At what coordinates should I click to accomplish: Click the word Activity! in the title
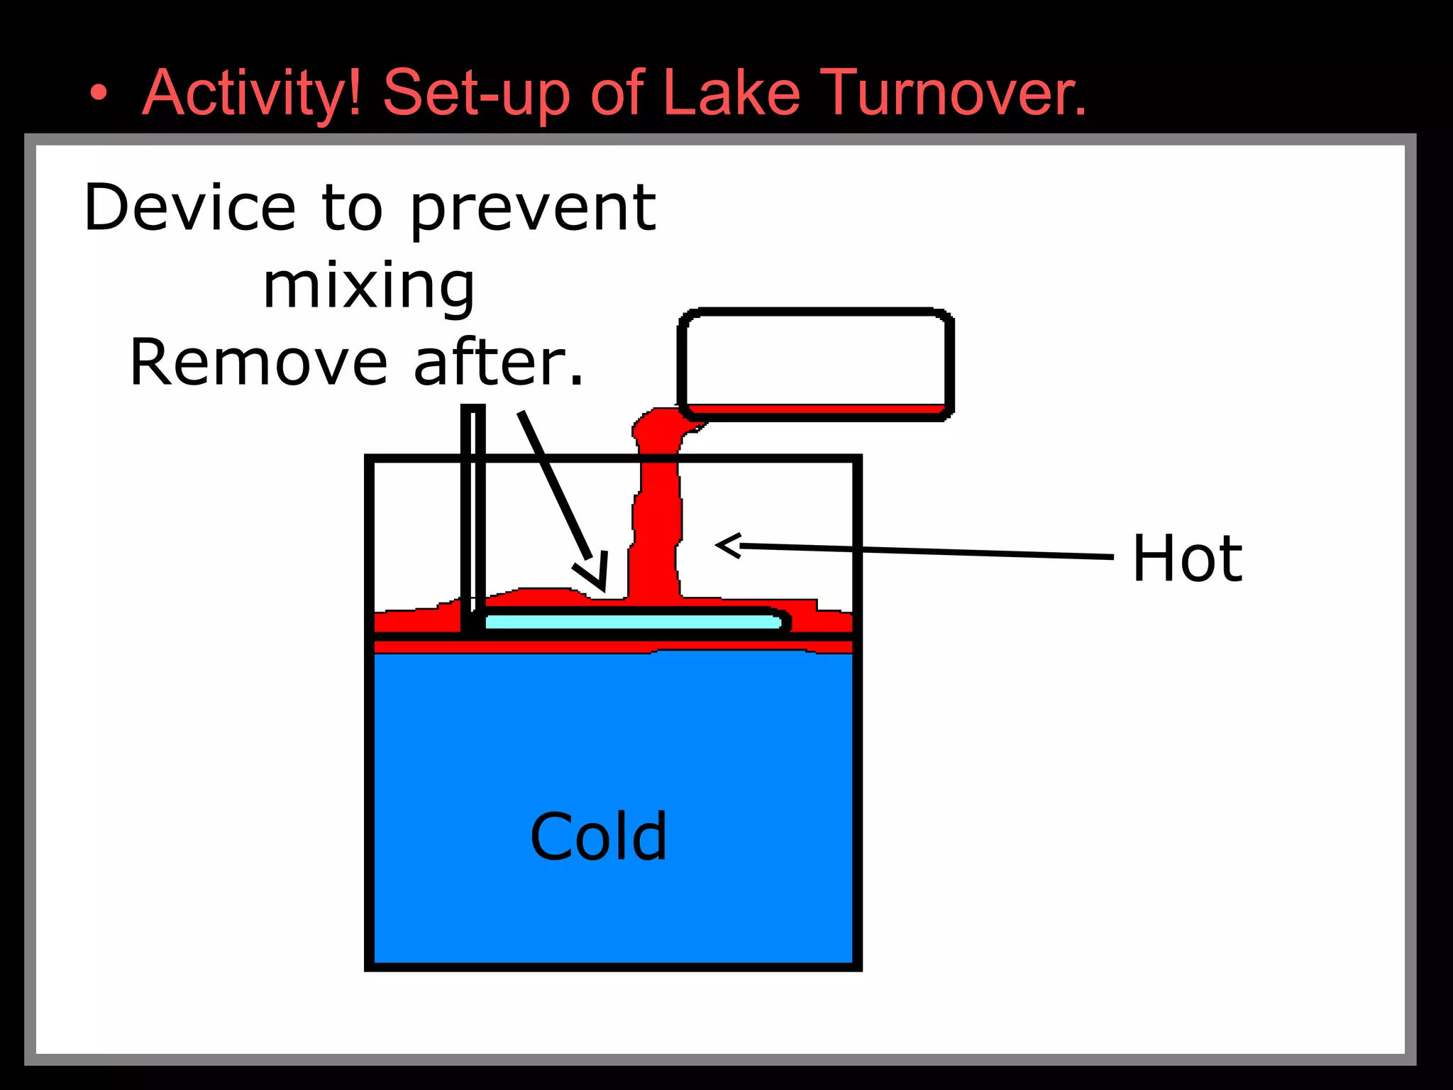coord(252,94)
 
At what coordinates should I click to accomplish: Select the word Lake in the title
coord(731,94)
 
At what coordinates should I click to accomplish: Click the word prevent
coord(534,209)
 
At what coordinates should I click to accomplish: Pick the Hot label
coord(1187,558)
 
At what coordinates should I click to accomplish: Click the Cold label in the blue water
coord(599,837)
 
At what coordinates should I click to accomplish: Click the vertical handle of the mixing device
coord(473,511)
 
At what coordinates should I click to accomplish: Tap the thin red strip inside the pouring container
coord(816,409)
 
